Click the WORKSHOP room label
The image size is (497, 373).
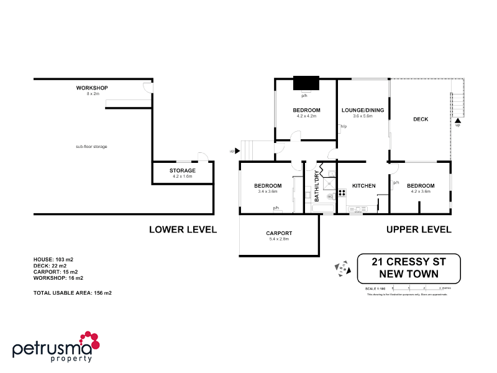[92, 88]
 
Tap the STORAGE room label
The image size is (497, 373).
[182, 170]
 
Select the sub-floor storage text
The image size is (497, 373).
[92, 146]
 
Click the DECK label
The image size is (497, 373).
[421, 119]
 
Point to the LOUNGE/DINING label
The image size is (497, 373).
[362, 110]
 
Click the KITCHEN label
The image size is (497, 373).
[363, 186]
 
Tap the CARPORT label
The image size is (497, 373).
[279, 233]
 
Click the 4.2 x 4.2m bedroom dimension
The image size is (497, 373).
[306, 116]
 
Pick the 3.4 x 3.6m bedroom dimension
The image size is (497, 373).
[268, 191]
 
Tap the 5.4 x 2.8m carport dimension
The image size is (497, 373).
[279, 239]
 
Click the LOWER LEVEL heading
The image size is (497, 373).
[183, 229]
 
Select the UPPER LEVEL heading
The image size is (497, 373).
[419, 229]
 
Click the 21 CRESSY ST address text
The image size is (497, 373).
[408, 262]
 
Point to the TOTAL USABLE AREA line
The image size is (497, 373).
[72, 292]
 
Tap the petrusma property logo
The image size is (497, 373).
[56, 347]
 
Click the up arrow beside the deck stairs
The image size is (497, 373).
[458, 121]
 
